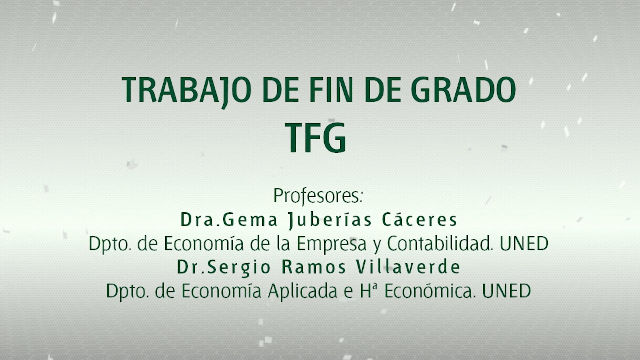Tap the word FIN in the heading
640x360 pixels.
tap(331, 90)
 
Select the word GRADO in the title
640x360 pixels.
tap(464, 90)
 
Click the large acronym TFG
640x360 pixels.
tap(316, 138)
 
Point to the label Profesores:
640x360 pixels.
tap(318, 196)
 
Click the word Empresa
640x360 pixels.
tap(332, 244)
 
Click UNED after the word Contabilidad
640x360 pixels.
tap(524, 244)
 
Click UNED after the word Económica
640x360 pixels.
tap(506, 291)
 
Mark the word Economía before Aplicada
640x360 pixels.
tap(221, 291)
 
